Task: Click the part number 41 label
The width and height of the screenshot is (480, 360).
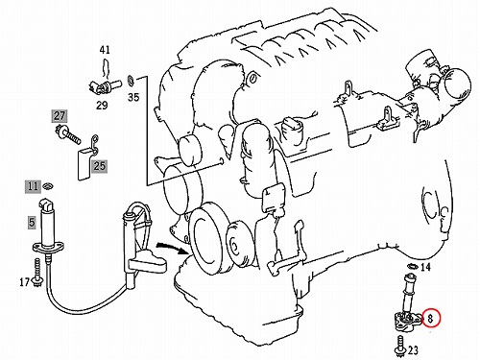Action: tap(105, 50)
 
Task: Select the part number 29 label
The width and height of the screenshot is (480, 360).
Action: tap(102, 105)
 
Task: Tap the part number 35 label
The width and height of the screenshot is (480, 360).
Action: tap(133, 97)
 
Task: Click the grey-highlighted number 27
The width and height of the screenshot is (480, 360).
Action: tap(60, 116)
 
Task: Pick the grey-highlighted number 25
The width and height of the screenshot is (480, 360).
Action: tap(99, 166)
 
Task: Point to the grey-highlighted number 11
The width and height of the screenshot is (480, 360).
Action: tap(33, 186)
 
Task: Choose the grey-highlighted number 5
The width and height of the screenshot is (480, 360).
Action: tap(32, 222)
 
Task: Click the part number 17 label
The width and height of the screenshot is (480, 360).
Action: tap(24, 282)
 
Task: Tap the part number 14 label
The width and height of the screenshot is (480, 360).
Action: tap(425, 267)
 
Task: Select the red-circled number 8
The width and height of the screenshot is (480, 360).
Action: tap(431, 319)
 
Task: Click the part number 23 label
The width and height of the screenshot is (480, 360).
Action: tap(413, 350)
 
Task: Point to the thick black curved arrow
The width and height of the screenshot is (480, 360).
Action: tap(173, 248)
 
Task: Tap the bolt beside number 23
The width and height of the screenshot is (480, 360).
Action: tap(399, 346)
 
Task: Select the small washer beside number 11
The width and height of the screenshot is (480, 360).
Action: tap(48, 185)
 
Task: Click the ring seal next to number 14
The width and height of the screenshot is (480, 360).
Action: tap(413, 266)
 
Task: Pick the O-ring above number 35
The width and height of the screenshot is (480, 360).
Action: tap(131, 81)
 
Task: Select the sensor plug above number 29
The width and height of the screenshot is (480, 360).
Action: tap(105, 86)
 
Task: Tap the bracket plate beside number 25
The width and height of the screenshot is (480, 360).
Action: tap(85, 164)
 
